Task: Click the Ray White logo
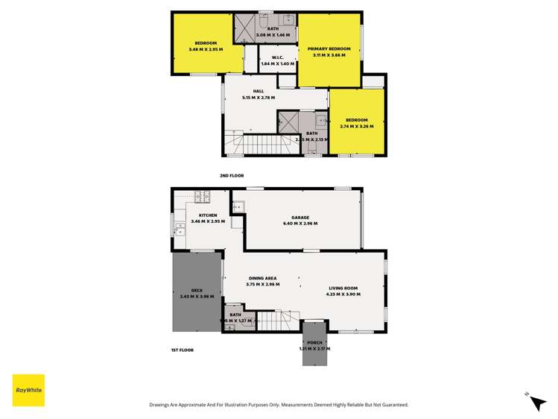(x=28, y=390)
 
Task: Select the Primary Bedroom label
(x=329, y=48)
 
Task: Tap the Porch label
(x=314, y=342)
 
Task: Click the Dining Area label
(x=262, y=278)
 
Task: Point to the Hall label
(x=259, y=92)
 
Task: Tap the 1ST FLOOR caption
(x=182, y=349)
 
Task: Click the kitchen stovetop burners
(x=202, y=197)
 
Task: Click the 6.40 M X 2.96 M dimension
(x=300, y=223)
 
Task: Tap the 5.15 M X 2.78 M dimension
(x=259, y=98)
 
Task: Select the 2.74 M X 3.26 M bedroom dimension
(x=356, y=126)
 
